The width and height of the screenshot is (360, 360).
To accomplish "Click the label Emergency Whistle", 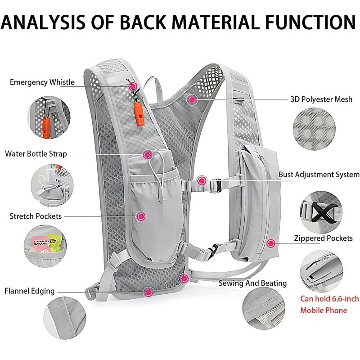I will [42, 82].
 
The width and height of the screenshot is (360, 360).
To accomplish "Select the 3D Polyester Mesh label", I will [320, 99].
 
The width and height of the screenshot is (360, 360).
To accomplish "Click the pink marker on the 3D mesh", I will [193, 99].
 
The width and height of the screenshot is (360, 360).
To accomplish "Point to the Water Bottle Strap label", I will [36, 154].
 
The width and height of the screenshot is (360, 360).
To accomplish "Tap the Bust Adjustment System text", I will [319, 175].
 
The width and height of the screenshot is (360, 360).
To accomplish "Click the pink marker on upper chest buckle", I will [202, 181].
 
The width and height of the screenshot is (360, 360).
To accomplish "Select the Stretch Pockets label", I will [36, 216].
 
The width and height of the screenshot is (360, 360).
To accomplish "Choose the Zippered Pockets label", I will [323, 238].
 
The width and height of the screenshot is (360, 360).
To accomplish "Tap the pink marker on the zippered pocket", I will [270, 243].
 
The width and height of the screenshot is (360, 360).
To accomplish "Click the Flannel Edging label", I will [30, 291].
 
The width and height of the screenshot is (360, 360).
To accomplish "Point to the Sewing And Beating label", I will [252, 283].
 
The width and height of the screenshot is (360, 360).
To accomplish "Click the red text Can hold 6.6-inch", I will [330, 298].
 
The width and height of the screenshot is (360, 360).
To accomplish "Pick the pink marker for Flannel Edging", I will [148, 292].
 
